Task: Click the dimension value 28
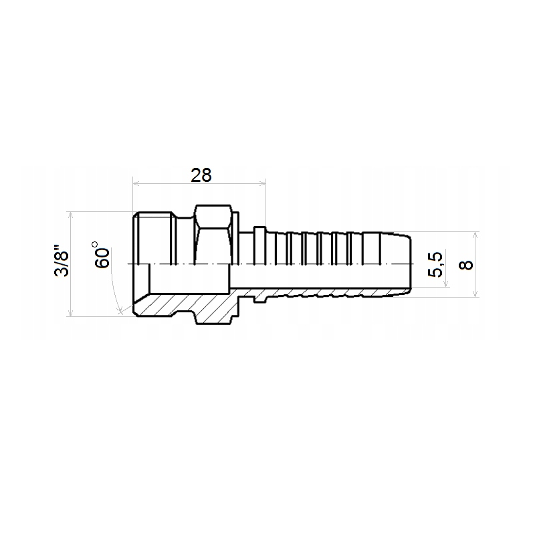[x=201, y=175]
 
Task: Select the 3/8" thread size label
[x=62, y=260]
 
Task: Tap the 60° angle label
[x=102, y=255]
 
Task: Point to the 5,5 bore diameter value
[x=435, y=264]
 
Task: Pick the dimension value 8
[x=465, y=265]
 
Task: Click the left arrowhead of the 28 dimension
[x=136, y=183]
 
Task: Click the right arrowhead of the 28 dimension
[x=262, y=183]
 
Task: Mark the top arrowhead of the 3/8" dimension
[x=71, y=215]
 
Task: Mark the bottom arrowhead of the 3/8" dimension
[x=71, y=313]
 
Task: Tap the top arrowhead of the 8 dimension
[x=475, y=235]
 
